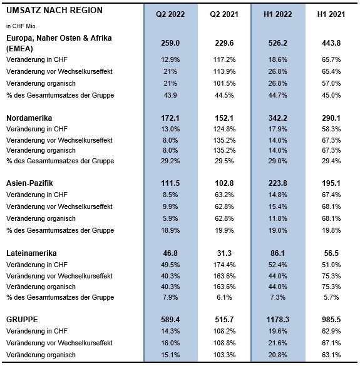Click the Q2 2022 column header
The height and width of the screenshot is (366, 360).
(170, 14)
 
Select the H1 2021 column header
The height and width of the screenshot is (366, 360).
(331, 14)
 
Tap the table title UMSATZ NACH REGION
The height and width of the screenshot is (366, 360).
(54, 10)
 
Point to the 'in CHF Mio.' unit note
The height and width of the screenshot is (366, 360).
(21, 26)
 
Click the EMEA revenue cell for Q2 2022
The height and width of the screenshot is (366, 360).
(170, 43)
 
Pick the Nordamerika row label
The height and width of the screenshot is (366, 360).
(29, 118)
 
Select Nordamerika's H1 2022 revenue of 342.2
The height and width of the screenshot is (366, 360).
(278, 118)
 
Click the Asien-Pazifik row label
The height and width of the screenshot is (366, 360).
(29, 183)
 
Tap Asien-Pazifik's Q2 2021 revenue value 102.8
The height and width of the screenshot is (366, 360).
(224, 183)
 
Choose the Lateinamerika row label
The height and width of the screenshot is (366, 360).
(31, 253)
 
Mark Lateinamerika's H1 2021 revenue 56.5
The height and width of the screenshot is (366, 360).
(331, 253)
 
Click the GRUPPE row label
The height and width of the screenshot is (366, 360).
(22, 319)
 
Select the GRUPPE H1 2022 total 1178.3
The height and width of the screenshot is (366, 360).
(278, 319)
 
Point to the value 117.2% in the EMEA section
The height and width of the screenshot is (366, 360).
(224, 60)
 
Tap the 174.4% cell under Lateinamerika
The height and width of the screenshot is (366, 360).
(224, 265)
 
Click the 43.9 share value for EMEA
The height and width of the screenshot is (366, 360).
(170, 95)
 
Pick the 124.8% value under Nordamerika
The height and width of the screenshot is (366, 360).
(224, 129)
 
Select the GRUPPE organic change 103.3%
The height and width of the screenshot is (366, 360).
(224, 355)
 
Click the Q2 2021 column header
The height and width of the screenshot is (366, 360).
(224, 14)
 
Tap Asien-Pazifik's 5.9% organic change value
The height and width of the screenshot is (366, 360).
(170, 219)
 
